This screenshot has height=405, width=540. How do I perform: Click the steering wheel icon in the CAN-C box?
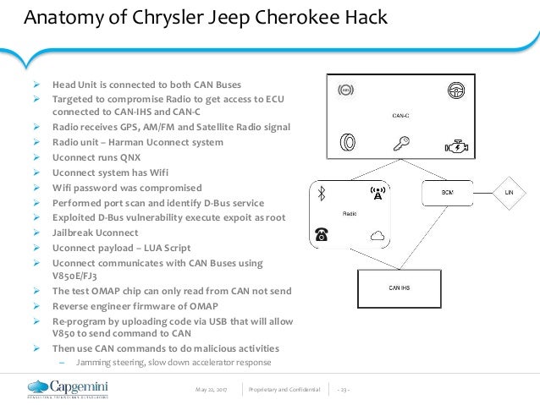tap(454, 90)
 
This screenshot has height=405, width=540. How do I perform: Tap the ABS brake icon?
tap(345, 90)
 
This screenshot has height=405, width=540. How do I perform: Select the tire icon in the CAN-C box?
tap(346, 144)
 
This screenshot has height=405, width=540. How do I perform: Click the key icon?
tap(399, 144)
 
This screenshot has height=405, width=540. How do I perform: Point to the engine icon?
tap(454, 144)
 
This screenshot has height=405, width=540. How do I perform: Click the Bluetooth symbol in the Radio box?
tap(322, 194)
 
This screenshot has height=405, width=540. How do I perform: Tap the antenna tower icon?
tap(377, 194)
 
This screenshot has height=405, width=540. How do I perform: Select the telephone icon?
tap(322, 236)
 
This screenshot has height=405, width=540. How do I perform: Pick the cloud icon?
tap(377, 236)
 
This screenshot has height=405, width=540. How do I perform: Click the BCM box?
tap(446, 194)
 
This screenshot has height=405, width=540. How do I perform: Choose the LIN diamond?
tap(510, 194)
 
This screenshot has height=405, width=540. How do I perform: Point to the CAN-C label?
tap(399, 116)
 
